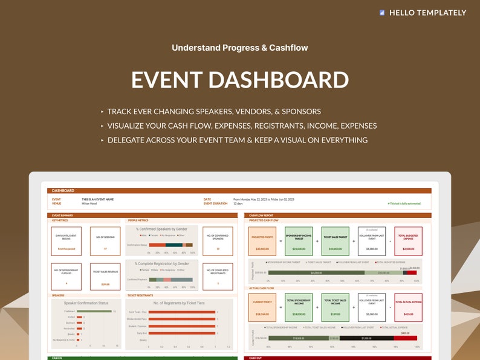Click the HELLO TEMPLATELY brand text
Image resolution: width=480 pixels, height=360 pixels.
(427, 12)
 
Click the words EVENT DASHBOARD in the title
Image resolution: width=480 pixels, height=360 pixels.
(240, 80)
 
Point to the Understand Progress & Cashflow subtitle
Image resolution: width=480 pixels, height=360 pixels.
(240, 47)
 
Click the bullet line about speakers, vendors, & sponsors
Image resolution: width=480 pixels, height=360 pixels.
(214, 112)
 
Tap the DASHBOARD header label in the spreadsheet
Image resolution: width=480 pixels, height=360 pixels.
(63, 190)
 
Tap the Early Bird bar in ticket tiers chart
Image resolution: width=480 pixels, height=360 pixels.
(181, 333)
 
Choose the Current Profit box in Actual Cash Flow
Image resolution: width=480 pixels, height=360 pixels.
(262, 307)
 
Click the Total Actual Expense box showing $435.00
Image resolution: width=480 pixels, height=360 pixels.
(408, 307)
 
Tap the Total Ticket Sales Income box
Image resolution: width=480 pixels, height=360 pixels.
(335, 307)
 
